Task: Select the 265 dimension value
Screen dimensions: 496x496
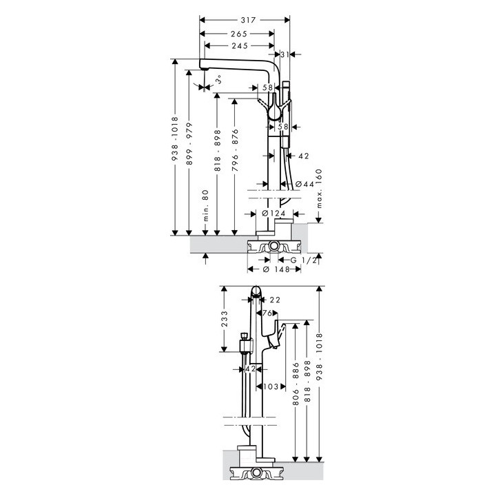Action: coord(238,34)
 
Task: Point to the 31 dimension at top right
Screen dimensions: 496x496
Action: coord(285,54)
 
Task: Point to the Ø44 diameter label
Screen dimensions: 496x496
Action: coord(304,184)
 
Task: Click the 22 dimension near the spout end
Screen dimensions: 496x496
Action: coord(274,300)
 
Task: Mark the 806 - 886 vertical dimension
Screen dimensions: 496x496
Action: coord(296,386)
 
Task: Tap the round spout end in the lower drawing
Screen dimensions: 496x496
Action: coord(256,293)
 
